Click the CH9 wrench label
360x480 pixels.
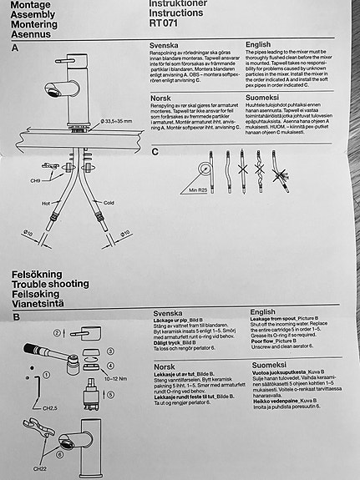pyautogui.click(x=35, y=179)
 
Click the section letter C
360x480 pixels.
pyautogui.click(x=155, y=152)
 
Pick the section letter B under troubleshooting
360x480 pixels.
pyautogui.click(x=16, y=319)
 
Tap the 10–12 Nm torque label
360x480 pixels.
pyautogui.click(x=116, y=379)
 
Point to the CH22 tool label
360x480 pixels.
pyautogui.click(x=38, y=468)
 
